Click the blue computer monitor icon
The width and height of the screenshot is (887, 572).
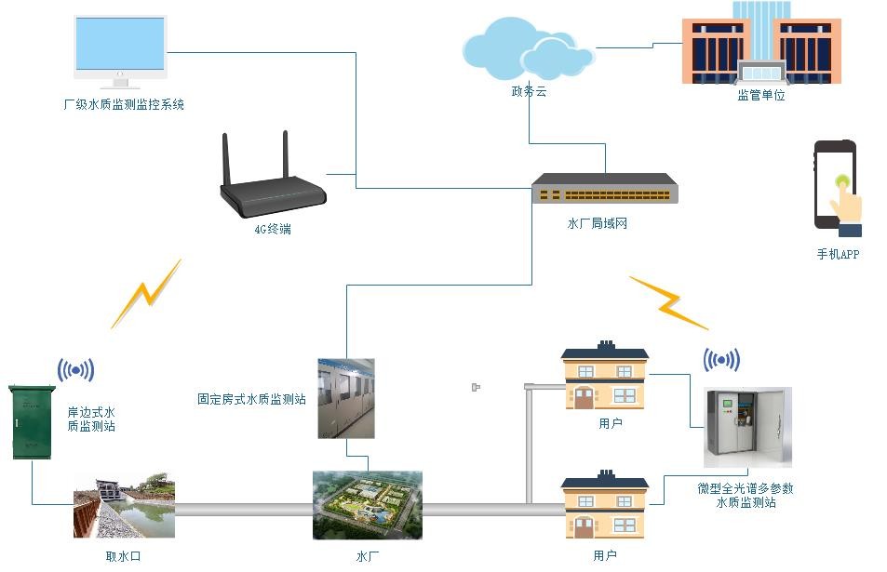120,48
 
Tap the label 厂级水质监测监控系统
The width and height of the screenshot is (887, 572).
124,105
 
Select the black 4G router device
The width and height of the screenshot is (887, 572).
274,186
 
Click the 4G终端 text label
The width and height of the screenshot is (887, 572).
273,229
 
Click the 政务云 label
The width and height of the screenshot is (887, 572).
529,91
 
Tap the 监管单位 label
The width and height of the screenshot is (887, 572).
761,95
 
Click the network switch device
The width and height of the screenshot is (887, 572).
604,190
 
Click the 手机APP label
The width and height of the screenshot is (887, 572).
838,254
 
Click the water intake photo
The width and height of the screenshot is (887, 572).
125,506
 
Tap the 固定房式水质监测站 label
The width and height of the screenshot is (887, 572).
251,400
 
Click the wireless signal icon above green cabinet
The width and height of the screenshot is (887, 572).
76,370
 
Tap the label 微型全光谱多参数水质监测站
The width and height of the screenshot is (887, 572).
746,495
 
